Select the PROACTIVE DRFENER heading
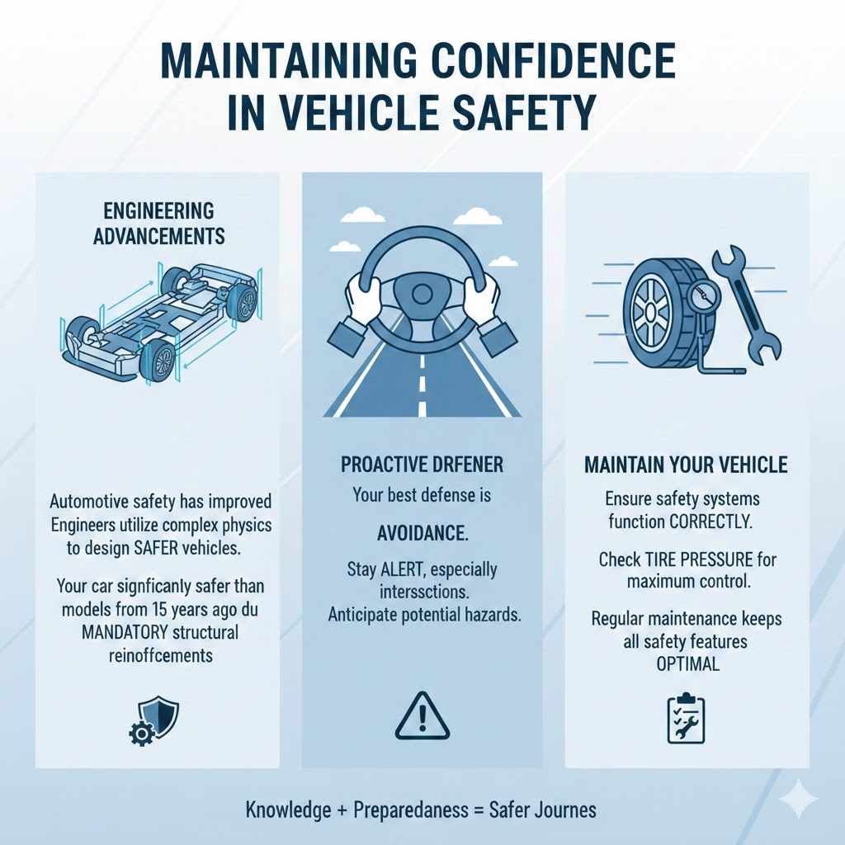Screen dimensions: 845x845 (422, 465)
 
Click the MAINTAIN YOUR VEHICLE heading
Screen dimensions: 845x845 (686, 465)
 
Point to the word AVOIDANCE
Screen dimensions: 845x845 (422, 533)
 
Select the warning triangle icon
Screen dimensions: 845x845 (422, 715)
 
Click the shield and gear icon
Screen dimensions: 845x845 (153, 715)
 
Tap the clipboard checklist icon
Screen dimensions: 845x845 (685, 716)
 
